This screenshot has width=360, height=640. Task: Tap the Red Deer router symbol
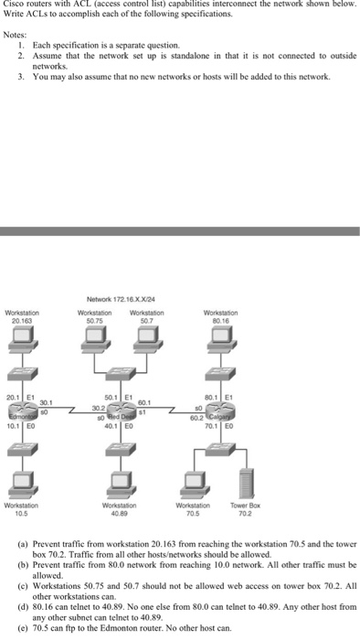pos(122,413)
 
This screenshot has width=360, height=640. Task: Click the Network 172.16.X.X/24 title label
pos(122,298)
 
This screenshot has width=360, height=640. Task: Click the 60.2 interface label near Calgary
pos(195,418)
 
